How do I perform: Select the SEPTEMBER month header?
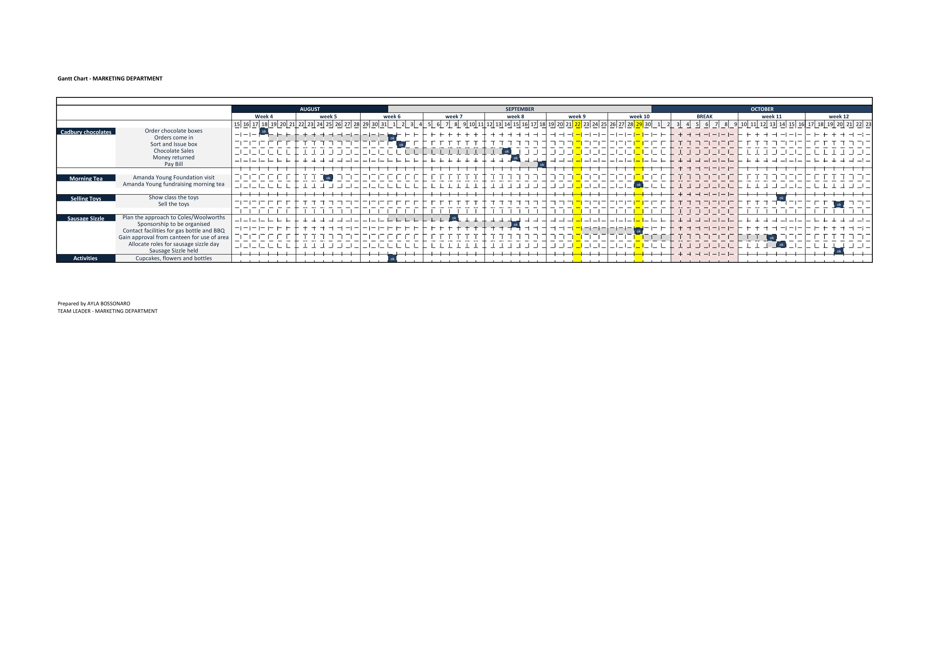coord(520,109)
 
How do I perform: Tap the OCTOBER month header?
coord(762,109)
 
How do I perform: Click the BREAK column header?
coord(705,116)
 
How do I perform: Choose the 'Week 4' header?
coord(264,116)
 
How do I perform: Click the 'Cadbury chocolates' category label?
coord(86,132)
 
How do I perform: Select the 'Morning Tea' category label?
coord(86,178)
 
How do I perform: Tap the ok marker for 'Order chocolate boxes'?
coord(264,131)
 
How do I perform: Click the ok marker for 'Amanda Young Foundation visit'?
coord(328,178)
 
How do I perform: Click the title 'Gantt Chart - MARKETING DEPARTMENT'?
coord(110,79)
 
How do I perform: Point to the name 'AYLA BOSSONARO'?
coord(109,304)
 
